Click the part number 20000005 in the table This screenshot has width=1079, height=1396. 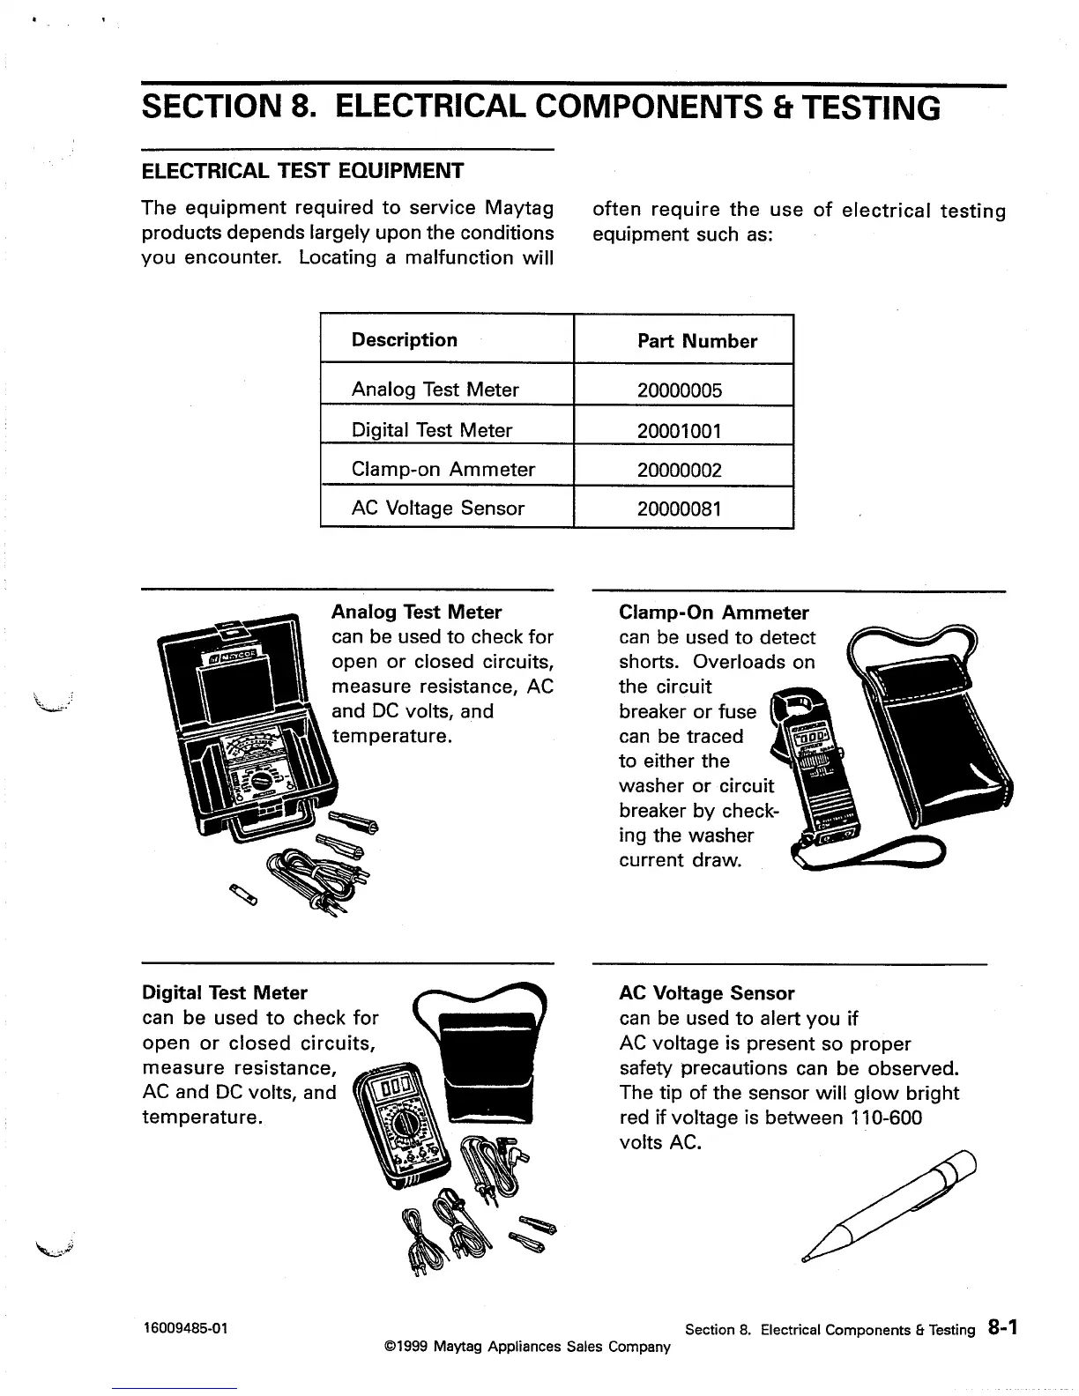point(679,390)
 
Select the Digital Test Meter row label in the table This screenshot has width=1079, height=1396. point(431,430)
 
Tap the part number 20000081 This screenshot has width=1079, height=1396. point(679,509)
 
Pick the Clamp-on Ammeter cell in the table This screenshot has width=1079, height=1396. point(443,470)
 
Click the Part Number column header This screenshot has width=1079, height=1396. point(696,341)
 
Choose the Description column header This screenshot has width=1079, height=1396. point(404,340)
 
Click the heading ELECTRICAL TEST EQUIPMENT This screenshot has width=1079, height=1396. point(302,170)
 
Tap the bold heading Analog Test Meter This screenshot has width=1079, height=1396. point(416,612)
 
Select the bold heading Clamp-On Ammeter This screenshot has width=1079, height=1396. point(713,613)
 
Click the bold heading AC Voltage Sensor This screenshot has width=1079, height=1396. point(706,993)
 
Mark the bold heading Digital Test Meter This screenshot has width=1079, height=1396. point(225,993)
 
